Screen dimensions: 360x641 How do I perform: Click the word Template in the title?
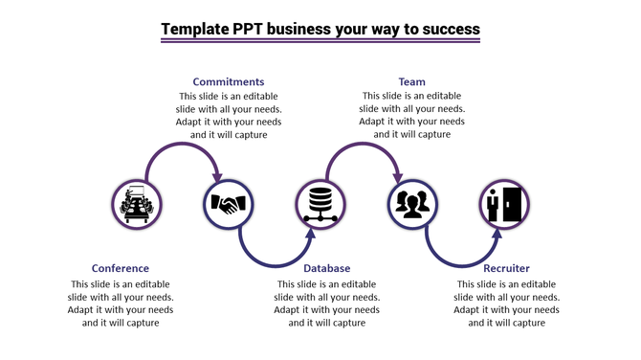tap(195, 29)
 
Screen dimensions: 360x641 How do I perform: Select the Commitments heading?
tap(229, 82)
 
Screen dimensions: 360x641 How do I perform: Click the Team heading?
tap(412, 82)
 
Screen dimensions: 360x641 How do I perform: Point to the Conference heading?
tap(121, 269)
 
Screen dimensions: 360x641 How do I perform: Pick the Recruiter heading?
tap(506, 269)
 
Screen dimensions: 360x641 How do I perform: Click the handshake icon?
tap(229, 204)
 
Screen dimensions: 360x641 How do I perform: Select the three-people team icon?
tap(412, 204)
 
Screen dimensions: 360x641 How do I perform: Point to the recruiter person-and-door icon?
tap(504, 204)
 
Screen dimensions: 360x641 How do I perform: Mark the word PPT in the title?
tap(249, 29)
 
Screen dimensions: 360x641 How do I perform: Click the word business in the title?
tap(300, 29)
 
